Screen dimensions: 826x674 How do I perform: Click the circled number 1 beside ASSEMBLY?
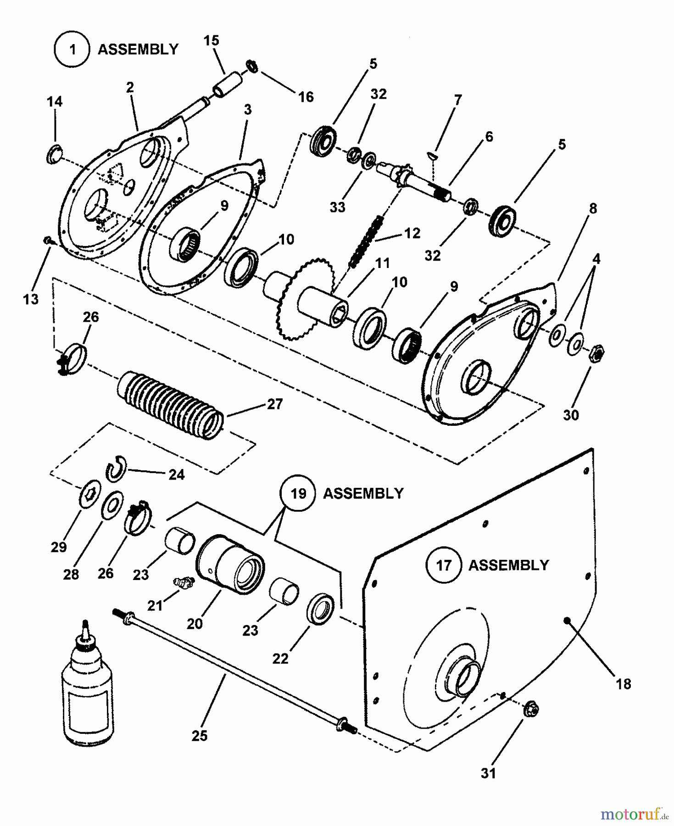coord(72,49)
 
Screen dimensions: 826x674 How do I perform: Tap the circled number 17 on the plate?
coord(444,565)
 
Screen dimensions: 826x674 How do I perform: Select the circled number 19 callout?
coord(298,494)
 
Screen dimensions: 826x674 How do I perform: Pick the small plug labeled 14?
coord(54,154)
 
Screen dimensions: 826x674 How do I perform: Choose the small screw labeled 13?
coord(47,240)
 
